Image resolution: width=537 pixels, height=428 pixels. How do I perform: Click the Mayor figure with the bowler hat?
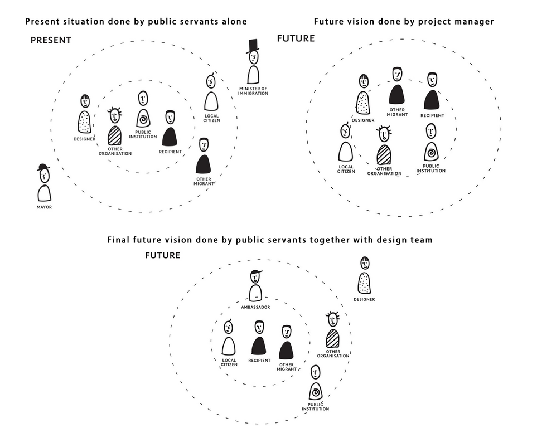tap(44, 184)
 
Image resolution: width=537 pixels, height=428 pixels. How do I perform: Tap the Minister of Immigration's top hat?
tap(253, 45)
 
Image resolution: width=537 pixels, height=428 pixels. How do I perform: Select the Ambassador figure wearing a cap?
tap(255, 285)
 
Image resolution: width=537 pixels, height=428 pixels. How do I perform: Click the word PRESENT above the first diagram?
tap(51, 40)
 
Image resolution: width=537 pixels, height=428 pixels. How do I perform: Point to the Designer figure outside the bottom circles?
tap(364, 276)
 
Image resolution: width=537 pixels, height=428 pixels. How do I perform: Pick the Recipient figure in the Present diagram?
tap(170, 129)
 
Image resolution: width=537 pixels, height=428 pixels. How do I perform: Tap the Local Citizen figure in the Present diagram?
tap(211, 94)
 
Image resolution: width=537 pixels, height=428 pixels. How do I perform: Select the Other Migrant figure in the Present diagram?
tap(204, 156)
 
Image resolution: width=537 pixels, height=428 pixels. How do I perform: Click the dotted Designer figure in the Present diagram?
tap(84, 114)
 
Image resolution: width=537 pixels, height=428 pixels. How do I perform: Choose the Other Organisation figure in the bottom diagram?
tap(333, 332)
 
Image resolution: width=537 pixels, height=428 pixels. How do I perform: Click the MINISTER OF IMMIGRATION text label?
tap(253, 91)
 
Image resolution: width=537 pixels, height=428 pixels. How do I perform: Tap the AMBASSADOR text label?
tap(255, 307)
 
